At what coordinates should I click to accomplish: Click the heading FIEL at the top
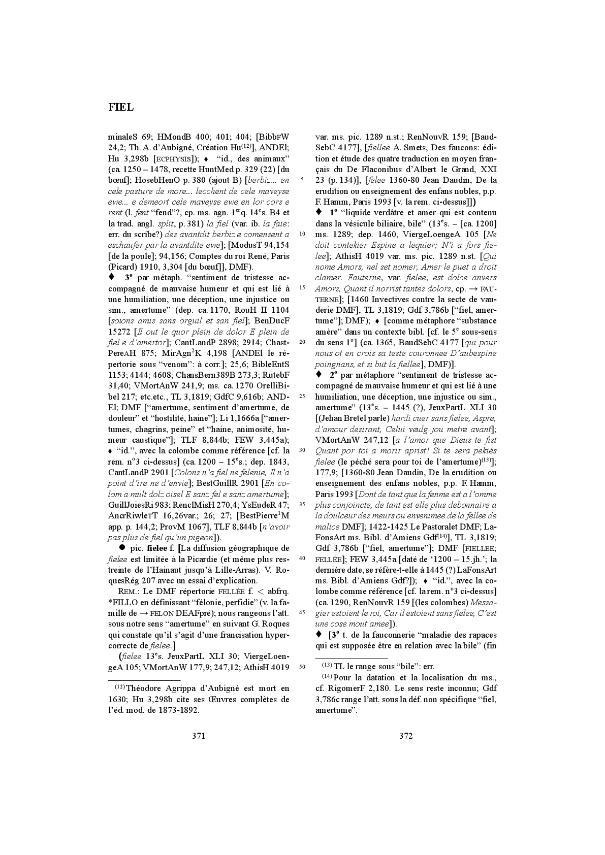coord(121,107)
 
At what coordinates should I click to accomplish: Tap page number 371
coord(199,736)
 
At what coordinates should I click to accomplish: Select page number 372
coord(406,736)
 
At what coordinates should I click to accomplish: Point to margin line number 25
coord(302,397)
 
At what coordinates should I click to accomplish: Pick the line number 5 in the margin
coord(302,180)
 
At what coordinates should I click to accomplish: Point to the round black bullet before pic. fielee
coord(122,548)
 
